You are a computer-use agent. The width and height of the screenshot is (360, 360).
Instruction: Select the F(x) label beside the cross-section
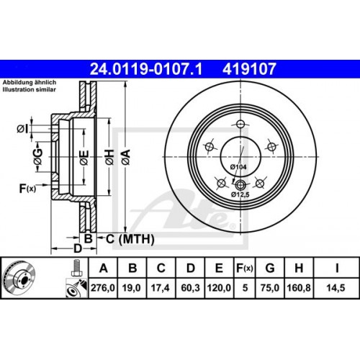(27, 189)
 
